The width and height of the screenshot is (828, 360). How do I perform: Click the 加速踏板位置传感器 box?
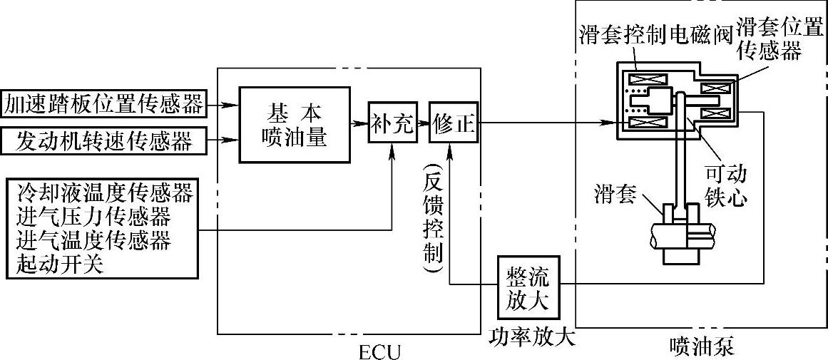[103, 104]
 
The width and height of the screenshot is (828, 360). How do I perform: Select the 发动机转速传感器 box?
[103, 140]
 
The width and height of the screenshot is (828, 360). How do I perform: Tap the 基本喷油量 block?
[295, 125]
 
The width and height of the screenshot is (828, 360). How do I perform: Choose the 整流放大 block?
[528, 289]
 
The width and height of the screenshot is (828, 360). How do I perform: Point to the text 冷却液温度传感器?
[103, 192]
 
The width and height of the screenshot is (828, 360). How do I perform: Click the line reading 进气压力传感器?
[93, 216]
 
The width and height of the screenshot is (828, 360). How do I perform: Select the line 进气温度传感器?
[93, 240]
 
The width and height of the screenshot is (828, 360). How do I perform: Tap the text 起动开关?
[60, 264]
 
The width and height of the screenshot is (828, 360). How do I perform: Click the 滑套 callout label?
[615, 194]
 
